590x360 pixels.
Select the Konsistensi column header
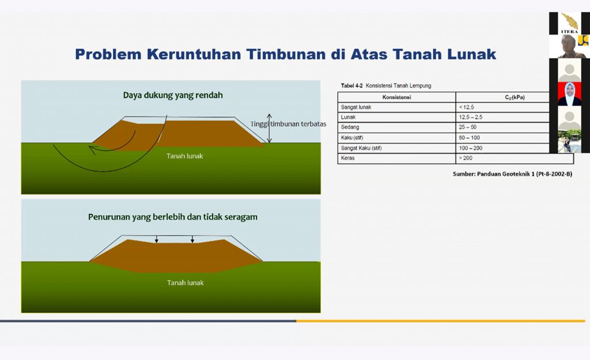pyautogui.click(x=396, y=97)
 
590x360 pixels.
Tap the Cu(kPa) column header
pyautogui.click(x=515, y=97)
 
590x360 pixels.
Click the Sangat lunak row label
pyautogui.click(x=356, y=107)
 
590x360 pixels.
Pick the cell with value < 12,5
pyautogui.click(x=466, y=107)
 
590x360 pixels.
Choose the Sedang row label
pyautogui.click(x=350, y=127)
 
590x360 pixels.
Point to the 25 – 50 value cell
pyautogui.click(x=468, y=127)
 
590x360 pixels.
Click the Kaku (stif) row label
pyautogui.click(x=352, y=138)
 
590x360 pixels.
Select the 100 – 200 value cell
pyautogui.click(x=470, y=148)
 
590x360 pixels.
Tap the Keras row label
pyautogui.click(x=347, y=158)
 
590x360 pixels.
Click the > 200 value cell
pyautogui.click(x=466, y=158)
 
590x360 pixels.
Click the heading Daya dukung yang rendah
pyautogui.click(x=173, y=95)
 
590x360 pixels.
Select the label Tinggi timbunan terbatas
pyautogui.click(x=289, y=124)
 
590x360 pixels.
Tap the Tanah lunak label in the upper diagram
pyautogui.click(x=185, y=156)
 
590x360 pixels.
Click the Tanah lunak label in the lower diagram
pyautogui.click(x=185, y=282)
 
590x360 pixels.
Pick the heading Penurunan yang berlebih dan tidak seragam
pyautogui.click(x=173, y=217)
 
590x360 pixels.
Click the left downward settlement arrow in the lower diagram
pyautogui.click(x=157, y=239)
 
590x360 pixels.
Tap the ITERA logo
pyautogui.click(x=569, y=24)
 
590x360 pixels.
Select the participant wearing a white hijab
pyautogui.click(x=569, y=94)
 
